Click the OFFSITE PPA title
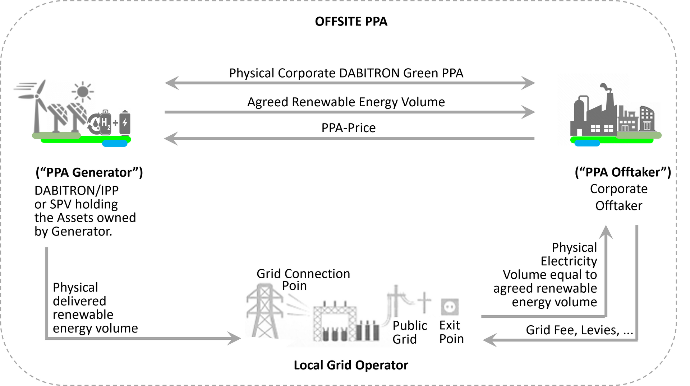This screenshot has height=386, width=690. point(351,22)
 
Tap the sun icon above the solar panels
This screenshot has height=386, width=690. point(83,92)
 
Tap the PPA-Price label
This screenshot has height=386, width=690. point(348,128)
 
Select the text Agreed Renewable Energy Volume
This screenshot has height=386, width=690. point(346,102)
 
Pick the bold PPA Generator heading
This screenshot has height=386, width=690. point(89,172)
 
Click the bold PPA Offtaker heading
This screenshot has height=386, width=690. point(623,172)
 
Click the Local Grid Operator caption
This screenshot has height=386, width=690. point(351,365)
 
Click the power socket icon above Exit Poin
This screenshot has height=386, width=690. point(450,307)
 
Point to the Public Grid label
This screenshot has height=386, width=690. point(409,332)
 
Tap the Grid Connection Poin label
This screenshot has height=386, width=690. point(303,279)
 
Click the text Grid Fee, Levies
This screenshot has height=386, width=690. point(573,330)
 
